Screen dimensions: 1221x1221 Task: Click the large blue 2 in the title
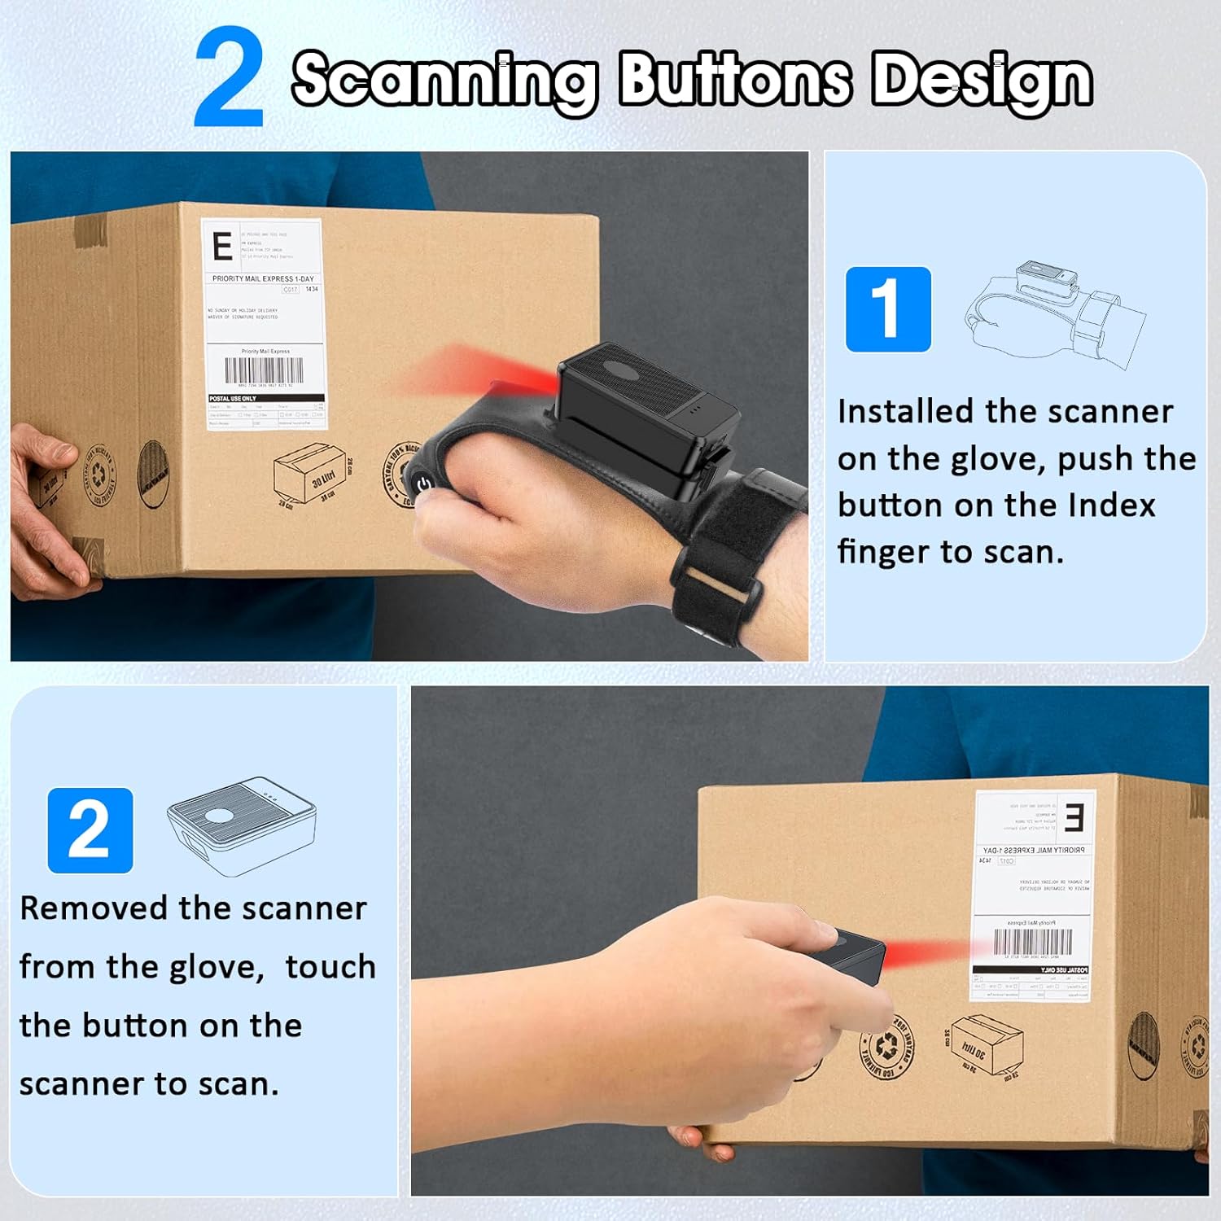point(229,78)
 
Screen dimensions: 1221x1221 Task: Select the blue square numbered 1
point(887,309)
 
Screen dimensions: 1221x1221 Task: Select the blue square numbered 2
point(90,830)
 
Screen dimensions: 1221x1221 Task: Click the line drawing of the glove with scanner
point(1054,313)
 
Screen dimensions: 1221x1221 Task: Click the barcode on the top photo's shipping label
point(264,370)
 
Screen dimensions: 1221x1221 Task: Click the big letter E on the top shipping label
point(221,246)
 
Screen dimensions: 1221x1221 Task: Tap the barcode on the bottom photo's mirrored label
point(1032,942)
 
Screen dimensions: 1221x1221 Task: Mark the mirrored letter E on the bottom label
point(1074,816)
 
